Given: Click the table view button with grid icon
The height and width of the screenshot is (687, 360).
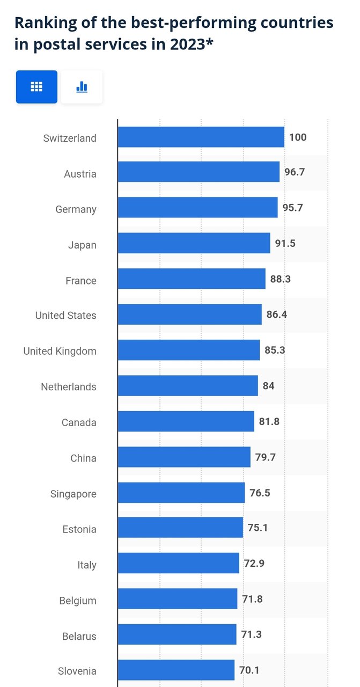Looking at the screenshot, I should point(36,86).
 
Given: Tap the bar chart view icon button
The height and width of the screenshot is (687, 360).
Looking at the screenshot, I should point(82,86).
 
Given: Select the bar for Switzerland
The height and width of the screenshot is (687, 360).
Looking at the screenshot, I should point(201,137).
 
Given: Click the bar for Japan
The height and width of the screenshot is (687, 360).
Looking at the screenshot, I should point(194,243).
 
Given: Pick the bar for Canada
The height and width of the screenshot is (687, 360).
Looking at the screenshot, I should point(186,421).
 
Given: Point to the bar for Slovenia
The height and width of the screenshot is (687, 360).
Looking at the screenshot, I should point(176,670).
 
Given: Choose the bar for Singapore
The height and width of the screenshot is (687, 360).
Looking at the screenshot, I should point(181,493).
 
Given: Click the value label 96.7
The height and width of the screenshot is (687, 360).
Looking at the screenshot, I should point(295,172).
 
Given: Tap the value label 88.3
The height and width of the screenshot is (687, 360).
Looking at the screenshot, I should point(281,279).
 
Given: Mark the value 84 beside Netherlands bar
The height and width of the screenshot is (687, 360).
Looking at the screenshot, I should point(268,386).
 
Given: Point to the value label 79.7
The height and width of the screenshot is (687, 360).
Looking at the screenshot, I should point(265,457).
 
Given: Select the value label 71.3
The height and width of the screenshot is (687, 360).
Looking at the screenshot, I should point(251,634).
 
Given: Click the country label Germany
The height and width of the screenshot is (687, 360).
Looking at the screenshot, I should point(76,209).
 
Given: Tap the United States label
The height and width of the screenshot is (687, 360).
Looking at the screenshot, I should point(65,316).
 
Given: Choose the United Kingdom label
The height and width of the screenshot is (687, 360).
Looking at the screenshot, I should point(60,352).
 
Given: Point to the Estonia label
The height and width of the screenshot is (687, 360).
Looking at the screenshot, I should point(79,529).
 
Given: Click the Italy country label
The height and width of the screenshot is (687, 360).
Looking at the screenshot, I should point(86,565).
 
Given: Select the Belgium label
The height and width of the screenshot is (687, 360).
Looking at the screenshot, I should point(78,601).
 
